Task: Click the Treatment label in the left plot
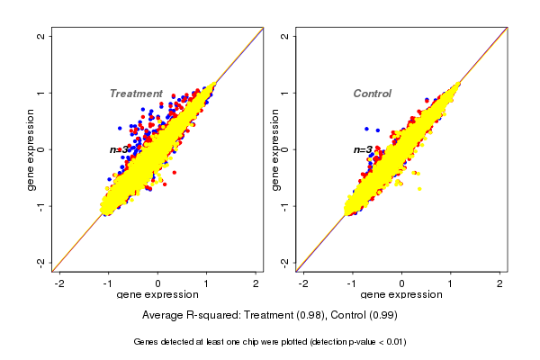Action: (x=136, y=94)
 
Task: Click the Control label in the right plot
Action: (x=373, y=94)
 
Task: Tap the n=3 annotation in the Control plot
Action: (x=363, y=150)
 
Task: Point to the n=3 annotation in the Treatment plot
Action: (x=120, y=150)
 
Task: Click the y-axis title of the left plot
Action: (x=31, y=149)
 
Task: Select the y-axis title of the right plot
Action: (x=274, y=149)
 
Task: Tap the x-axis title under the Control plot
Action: (x=401, y=295)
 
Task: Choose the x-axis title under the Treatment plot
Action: (x=157, y=295)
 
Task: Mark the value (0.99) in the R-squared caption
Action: (x=382, y=316)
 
